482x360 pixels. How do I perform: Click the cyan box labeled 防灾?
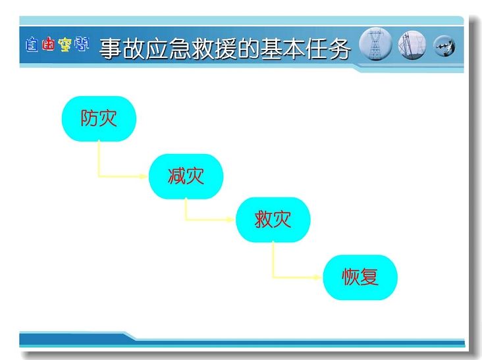coord(99,118)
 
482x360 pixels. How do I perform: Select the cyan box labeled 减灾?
coord(186,176)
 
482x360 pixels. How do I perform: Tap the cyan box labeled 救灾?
coord(273,220)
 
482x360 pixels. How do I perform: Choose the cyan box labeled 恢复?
coord(360,277)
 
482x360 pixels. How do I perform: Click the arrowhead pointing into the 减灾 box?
coord(144,176)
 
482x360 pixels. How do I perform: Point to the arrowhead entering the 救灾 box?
coord(230,219)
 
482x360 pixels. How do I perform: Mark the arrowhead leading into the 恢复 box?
coord(317,277)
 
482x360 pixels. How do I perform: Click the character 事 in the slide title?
coord(111,49)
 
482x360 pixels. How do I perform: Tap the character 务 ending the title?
coord(339,49)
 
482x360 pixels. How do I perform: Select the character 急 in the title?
coord(180,49)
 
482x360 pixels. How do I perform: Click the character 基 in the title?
coord(271,49)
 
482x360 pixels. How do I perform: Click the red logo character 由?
coord(48,44)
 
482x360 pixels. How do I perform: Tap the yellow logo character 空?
coord(65,45)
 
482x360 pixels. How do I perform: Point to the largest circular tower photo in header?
coord(375,44)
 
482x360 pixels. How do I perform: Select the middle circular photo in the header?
coord(412,45)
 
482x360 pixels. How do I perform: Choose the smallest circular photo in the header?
coord(444,46)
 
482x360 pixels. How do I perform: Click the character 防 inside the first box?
coord(90,118)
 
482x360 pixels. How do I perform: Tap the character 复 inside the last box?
coord(369,277)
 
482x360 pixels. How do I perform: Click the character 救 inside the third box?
coord(263,219)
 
